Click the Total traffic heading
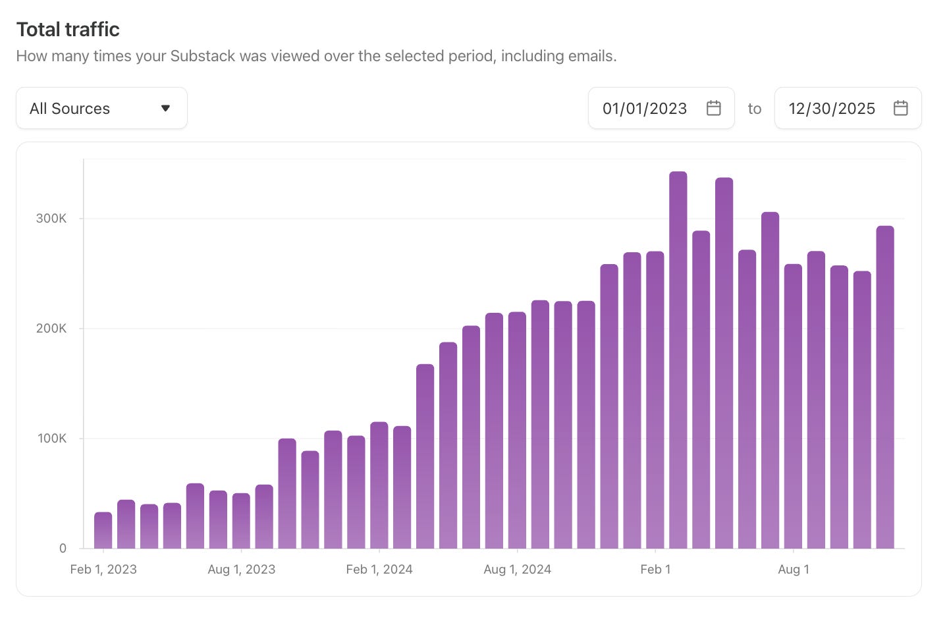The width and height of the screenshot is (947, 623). pyautogui.click(x=68, y=30)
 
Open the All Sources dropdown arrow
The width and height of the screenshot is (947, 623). pyautogui.click(x=165, y=108)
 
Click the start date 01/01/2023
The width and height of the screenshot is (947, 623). pyautogui.click(x=644, y=109)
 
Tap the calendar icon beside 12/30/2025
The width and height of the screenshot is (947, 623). pyautogui.click(x=900, y=108)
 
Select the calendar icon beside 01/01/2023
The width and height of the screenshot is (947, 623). pyautogui.click(x=713, y=108)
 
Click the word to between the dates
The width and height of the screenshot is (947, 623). pyautogui.click(x=754, y=109)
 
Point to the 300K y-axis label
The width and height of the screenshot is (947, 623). pyautogui.click(x=51, y=219)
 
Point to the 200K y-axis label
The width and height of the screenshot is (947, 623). pyautogui.click(x=51, y=329)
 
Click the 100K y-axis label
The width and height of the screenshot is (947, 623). pyautogui.click(x=52, y=439)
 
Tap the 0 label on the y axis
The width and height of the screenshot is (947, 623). pyautogui.click(x=63, y=548)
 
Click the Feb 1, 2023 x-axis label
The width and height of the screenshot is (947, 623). pyautogui.click(x=103, y=570)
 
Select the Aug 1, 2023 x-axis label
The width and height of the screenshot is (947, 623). pyautogui.click(x=241, y=570)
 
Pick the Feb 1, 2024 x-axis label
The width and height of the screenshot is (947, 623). pyautogui.click(x=379, y=570)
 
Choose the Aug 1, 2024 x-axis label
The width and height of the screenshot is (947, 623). pyautogui.click(x=517, y=570)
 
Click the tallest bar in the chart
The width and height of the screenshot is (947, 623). pyautogui.click(x=678, y=362)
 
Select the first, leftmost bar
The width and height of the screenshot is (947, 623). pyautogui.click(x=103, y=531)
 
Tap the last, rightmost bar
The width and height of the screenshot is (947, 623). pyautogui.click(x=884, y=389)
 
